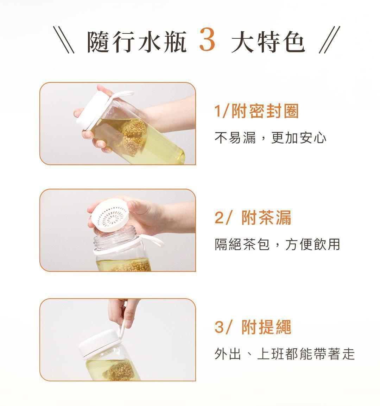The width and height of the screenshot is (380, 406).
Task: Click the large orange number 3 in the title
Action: (207, 40)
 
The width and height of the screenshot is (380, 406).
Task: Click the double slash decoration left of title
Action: (64, 39)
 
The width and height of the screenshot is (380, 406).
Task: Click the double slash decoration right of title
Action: (329, 39)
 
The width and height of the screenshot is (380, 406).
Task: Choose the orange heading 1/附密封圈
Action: (256, 111)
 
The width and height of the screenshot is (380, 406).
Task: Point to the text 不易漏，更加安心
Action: (270, 138)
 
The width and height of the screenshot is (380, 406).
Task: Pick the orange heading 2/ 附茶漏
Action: (253, 218)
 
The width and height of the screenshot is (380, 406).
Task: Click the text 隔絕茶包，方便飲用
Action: (277, 244)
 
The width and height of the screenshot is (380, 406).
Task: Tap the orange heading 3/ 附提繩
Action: (253, 327)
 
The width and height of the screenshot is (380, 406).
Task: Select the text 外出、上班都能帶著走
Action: (285, 354)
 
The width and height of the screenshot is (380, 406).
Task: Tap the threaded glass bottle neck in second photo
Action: (114, 240)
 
